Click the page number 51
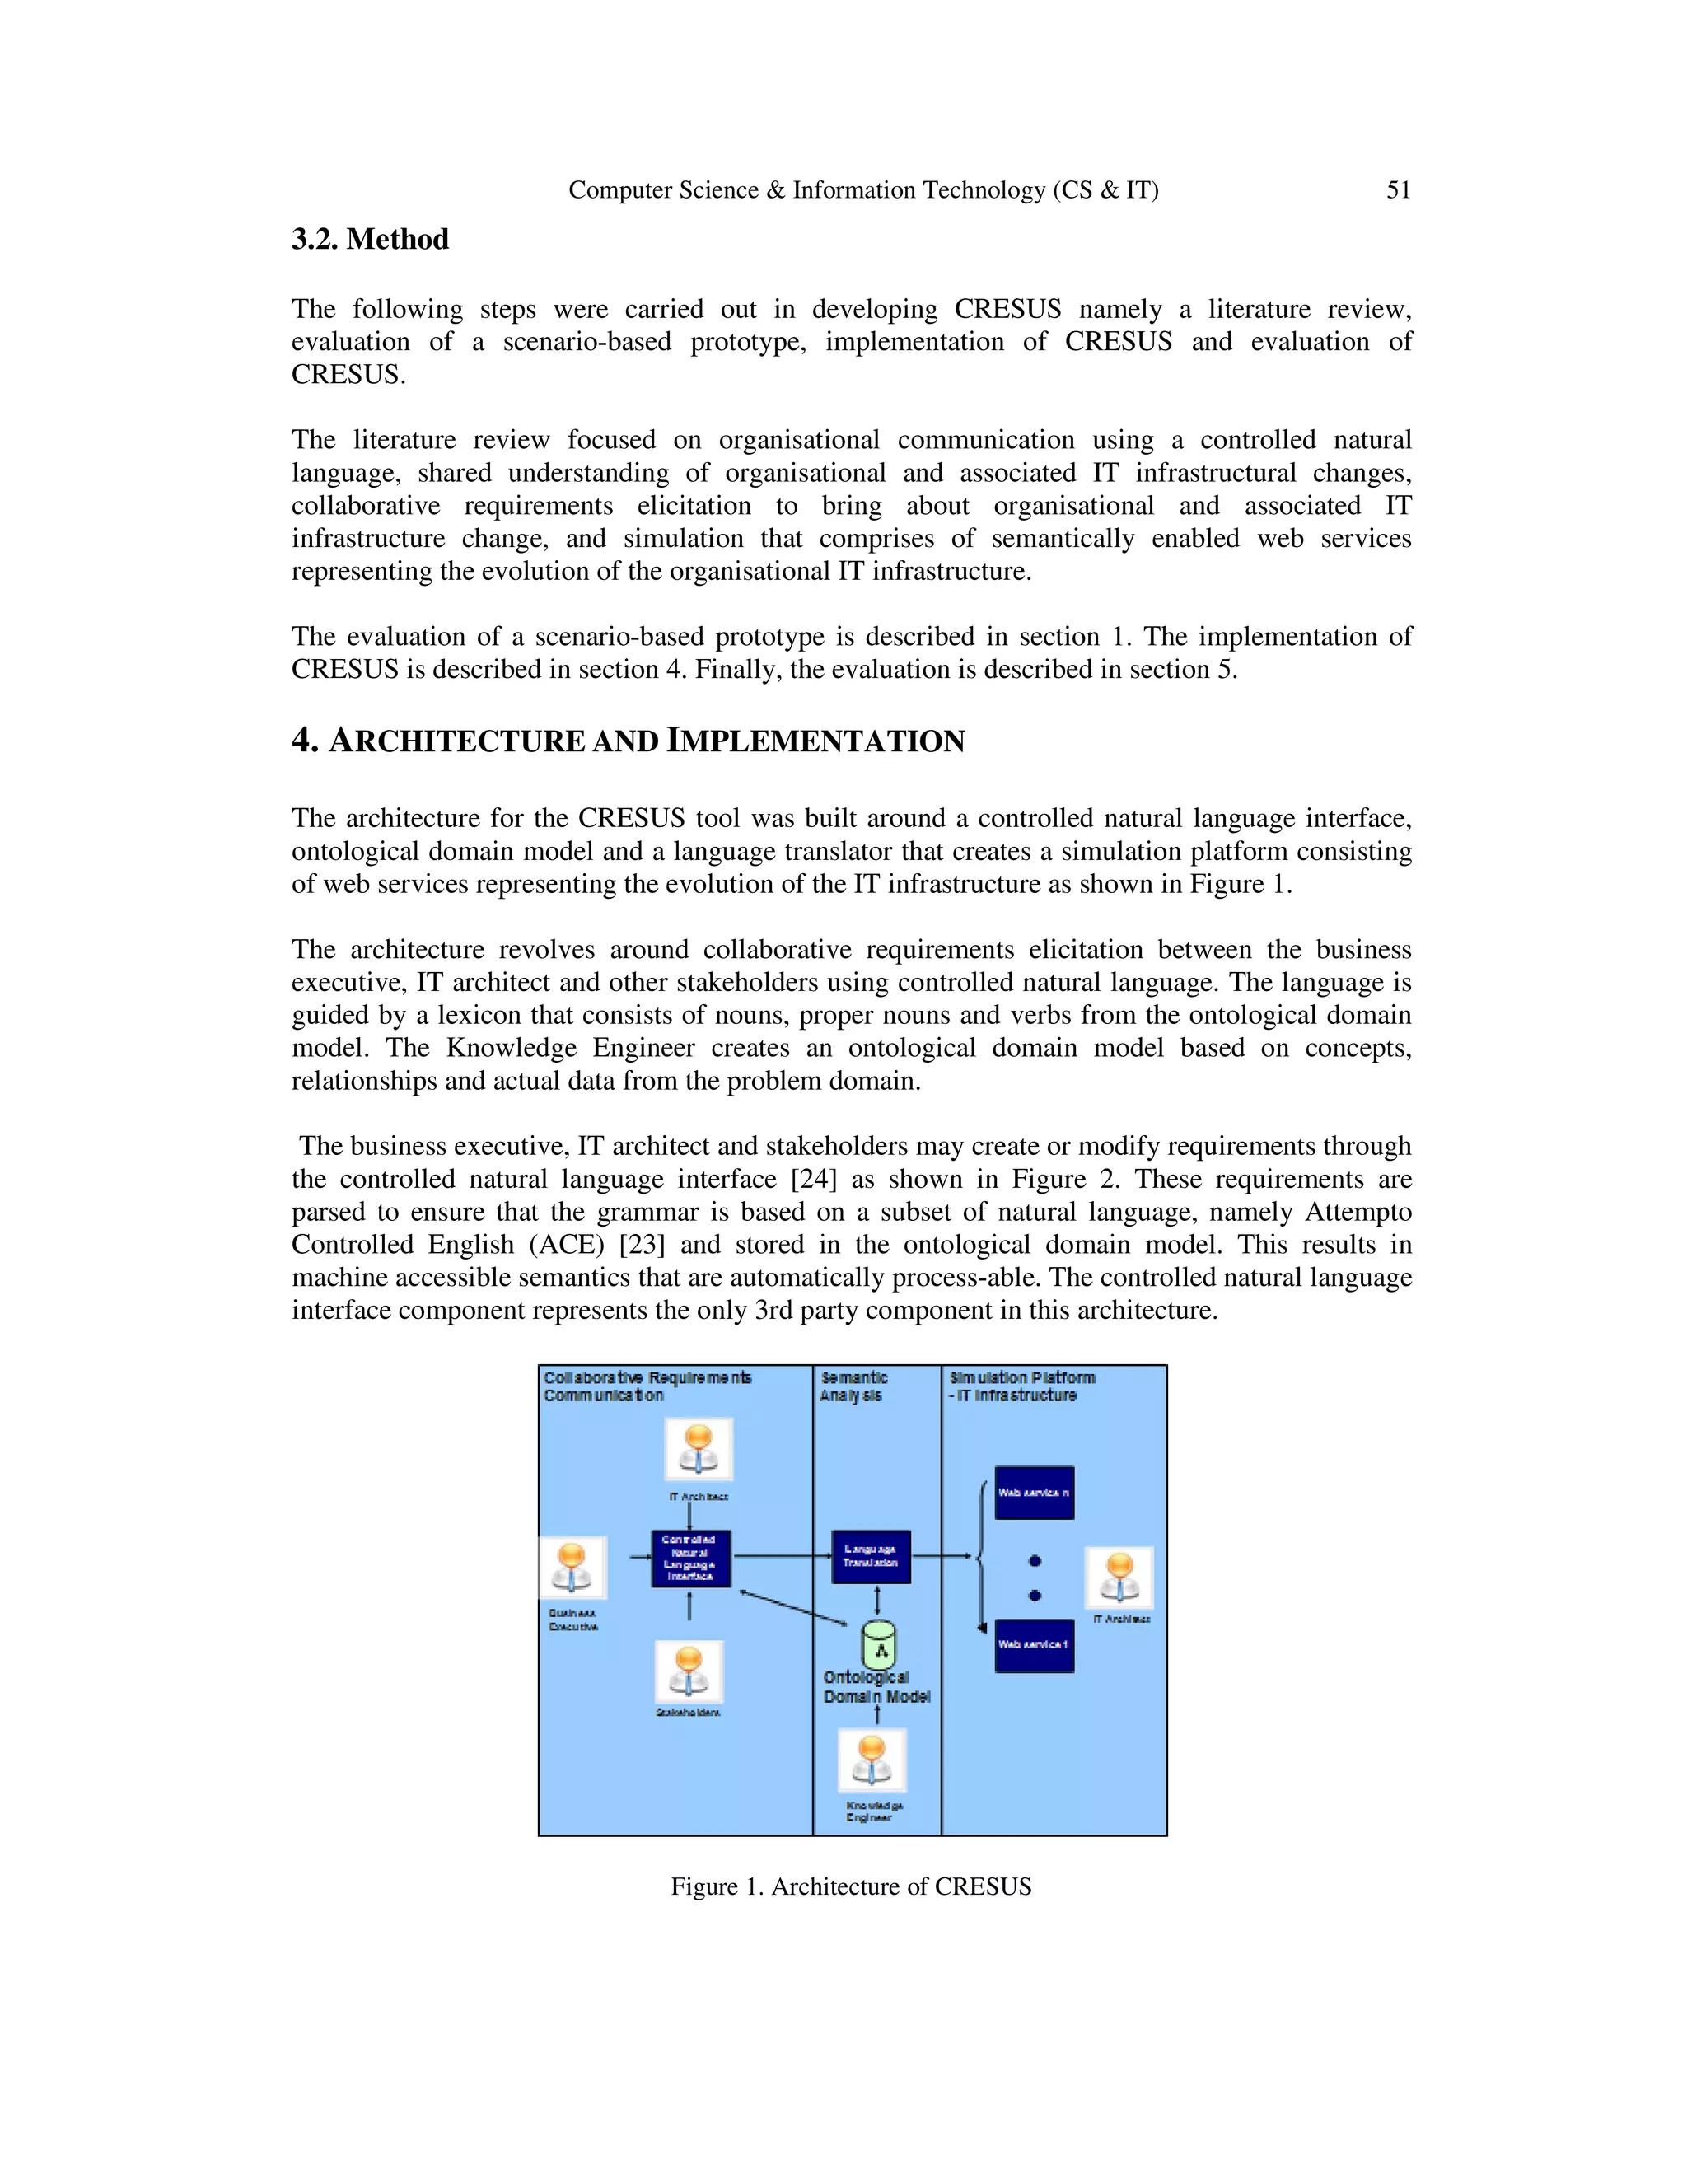(1398, 190)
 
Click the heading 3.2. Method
(370, 240)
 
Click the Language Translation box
(871, 1556)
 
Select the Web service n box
(1035, 1493)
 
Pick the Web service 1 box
(1035, 1645)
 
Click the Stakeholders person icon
(689, 1671)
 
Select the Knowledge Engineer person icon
(872, 1760)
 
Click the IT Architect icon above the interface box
(699, 1449)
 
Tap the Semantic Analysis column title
(853, 1386)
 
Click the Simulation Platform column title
(1021, 1386)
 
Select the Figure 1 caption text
(850, 1886)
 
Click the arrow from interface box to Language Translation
(782, 1555)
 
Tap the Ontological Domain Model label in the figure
(876, 1687)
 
